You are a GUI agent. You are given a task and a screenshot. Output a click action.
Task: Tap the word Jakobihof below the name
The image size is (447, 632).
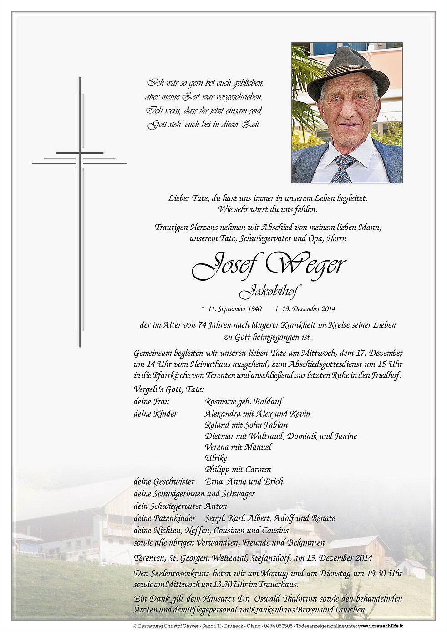[x=270, y=291]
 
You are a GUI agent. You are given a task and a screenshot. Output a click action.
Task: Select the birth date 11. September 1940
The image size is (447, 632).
[x=234, y=309]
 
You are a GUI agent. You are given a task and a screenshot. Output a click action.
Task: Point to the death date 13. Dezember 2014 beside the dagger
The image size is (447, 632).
[x=308, y=309]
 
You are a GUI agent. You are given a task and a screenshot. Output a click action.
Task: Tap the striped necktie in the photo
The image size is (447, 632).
[x=342, y=169]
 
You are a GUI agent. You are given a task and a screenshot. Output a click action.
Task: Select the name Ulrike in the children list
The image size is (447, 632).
[x=216, y=458]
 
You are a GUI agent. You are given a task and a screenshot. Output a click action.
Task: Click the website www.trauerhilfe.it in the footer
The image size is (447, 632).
[x=381, y=626]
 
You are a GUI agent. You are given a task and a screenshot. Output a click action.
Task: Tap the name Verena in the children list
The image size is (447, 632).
[x=217, y=447]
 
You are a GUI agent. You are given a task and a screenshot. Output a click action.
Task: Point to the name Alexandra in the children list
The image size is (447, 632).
[x=223, y=414]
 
